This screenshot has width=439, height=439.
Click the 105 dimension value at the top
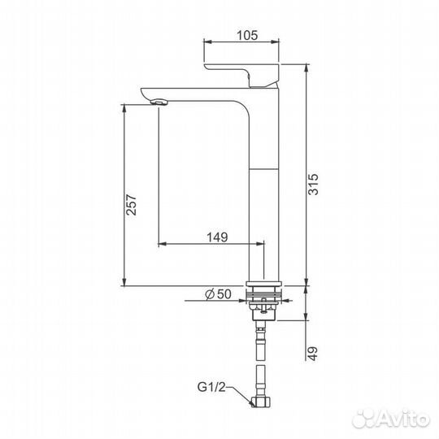click(248, 34)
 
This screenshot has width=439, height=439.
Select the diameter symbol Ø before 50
click(209, 293)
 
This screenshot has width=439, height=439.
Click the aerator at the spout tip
click(159, 101)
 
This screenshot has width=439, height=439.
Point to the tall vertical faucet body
click(262, 187)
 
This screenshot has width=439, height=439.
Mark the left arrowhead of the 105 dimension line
click(206, 45)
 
